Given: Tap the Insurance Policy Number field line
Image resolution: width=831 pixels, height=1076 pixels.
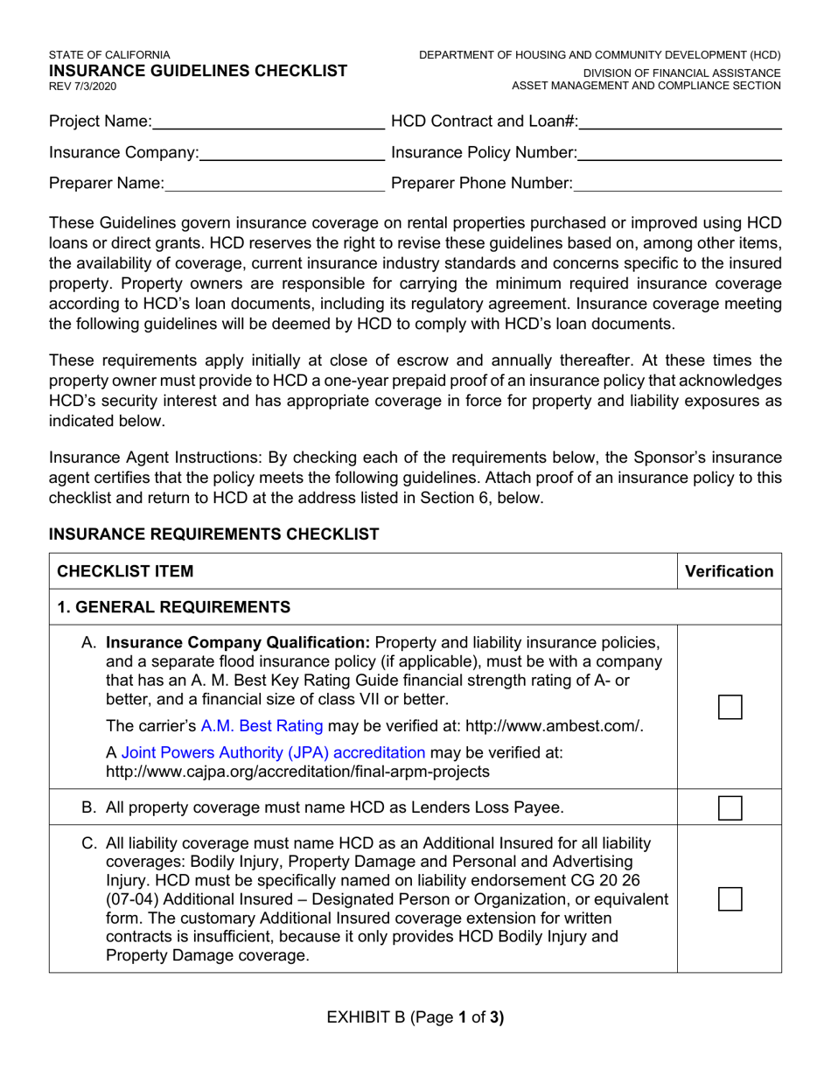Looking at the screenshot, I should (680, 154).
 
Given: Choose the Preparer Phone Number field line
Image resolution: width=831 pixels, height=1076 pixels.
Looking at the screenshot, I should (678, 185).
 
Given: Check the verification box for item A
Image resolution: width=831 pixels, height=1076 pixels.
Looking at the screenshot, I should (730, 707).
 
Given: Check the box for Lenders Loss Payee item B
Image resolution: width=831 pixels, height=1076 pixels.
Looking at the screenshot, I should (730, 807).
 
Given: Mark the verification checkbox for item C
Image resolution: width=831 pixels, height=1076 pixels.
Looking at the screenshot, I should (730, 898).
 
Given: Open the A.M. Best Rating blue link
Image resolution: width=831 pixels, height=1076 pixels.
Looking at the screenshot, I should (262, 726).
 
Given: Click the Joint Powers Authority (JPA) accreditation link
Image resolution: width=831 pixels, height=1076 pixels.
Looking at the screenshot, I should (273, 753).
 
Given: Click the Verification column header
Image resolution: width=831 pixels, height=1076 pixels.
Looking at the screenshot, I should (730, 571).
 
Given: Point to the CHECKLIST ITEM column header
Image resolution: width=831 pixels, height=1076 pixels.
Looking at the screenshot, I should (125, 571).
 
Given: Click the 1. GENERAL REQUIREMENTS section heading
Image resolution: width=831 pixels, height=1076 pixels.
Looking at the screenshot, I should (173, 607).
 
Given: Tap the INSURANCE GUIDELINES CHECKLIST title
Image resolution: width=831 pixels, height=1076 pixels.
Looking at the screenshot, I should (198, 71).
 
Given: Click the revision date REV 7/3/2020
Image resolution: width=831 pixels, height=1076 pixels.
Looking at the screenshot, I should (82, 87).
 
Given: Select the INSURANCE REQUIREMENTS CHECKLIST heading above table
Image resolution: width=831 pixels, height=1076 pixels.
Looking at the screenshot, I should (213, 535).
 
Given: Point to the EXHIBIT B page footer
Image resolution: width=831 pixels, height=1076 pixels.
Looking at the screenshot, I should (415, 1017).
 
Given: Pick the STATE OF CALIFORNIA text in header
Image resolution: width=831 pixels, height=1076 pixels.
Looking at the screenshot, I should (109, 54).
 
